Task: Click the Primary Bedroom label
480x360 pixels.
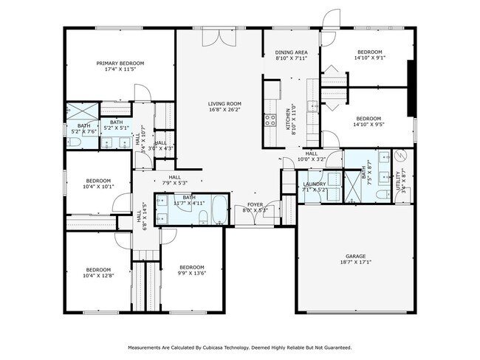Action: pyautogui.click(x=120, y=63)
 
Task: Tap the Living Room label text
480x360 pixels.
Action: pyautogui.click(x=224, y=103)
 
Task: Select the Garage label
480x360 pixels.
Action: pyautogui.click(x=356, y=256)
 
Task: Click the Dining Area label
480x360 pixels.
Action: pyautogui.click(x=291, y=52)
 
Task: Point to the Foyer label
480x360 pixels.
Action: pyautogui.click(x=255, y=204)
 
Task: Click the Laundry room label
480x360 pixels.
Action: pyautogui.click(x=315, y=184)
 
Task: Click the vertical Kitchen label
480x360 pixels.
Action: pyautogui.click(x=289, y=119)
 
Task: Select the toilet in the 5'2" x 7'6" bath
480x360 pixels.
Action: pyautogui.click(x=76, y=140)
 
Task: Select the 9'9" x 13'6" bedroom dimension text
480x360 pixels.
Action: pyautogui.click(x=191, y=273)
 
